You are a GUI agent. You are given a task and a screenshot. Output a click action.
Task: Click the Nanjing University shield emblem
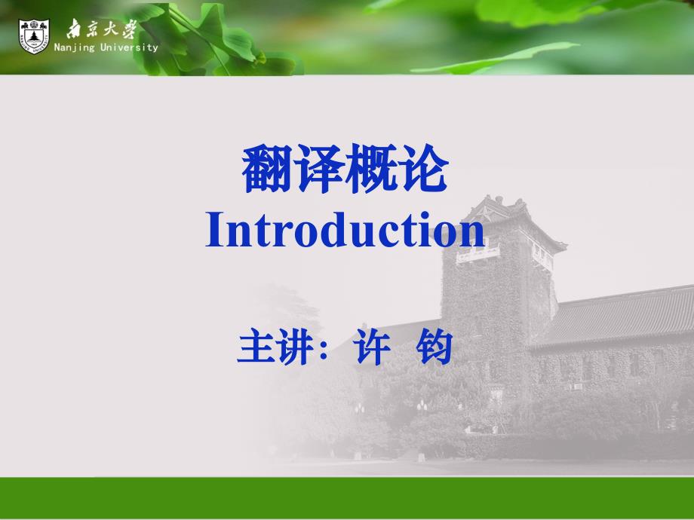tap(34, 36)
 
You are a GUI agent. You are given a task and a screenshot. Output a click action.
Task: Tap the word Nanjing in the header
tap(75, 47)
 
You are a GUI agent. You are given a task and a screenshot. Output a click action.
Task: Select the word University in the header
tap(129, 47)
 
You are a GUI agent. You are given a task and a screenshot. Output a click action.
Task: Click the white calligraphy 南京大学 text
tap(102, 29)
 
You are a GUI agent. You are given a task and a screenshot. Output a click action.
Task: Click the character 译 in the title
tap(319, 169)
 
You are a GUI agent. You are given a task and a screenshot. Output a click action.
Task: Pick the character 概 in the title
tap(371, 169)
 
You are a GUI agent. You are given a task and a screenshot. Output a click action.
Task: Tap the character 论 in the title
tap(422, 169)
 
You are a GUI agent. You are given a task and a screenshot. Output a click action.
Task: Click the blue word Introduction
tap(345, 229)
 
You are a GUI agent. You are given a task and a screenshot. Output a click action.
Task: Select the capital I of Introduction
tap(214, 230)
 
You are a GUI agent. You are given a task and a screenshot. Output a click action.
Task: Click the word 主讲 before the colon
tap(275, 347)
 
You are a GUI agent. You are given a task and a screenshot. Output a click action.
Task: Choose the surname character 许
tap(372, 347)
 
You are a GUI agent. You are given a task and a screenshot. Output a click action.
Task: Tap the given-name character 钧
tap(435, 347)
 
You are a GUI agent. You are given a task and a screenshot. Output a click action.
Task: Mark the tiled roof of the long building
tap(619, 314)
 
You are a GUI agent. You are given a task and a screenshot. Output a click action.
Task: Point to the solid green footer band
tap(347, 497)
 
